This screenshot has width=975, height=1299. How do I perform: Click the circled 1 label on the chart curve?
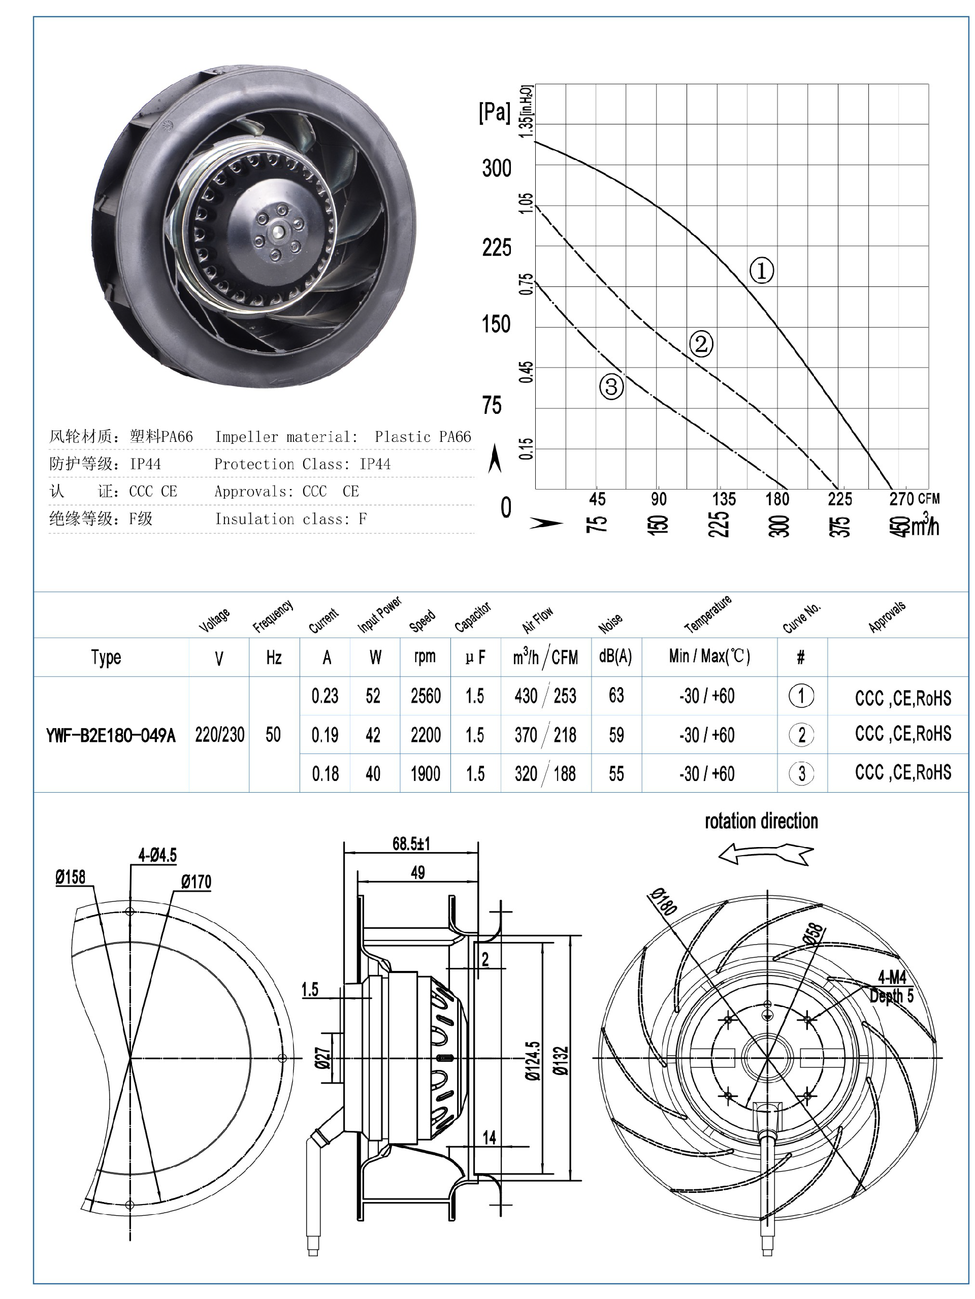761,271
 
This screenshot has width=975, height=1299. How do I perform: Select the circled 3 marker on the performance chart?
611,386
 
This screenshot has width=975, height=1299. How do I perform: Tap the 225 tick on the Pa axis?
496,248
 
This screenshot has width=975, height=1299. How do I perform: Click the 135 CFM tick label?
724,499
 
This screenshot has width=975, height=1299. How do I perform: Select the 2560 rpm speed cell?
425,696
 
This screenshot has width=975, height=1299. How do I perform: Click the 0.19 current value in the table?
325,735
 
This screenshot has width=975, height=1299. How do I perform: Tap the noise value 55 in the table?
616,773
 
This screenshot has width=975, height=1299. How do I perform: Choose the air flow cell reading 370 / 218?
545,735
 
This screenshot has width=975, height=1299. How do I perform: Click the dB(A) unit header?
615,657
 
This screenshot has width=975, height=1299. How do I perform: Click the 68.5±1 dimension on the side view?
411,844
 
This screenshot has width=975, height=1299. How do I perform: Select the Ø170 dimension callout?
196,882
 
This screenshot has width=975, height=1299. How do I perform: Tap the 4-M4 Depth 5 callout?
892,987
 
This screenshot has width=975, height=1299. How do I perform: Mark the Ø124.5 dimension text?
532,1060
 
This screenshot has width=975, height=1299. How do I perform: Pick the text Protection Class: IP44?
302,464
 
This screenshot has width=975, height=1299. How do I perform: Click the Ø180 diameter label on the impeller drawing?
664,902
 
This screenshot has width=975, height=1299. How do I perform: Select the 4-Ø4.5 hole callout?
157,855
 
